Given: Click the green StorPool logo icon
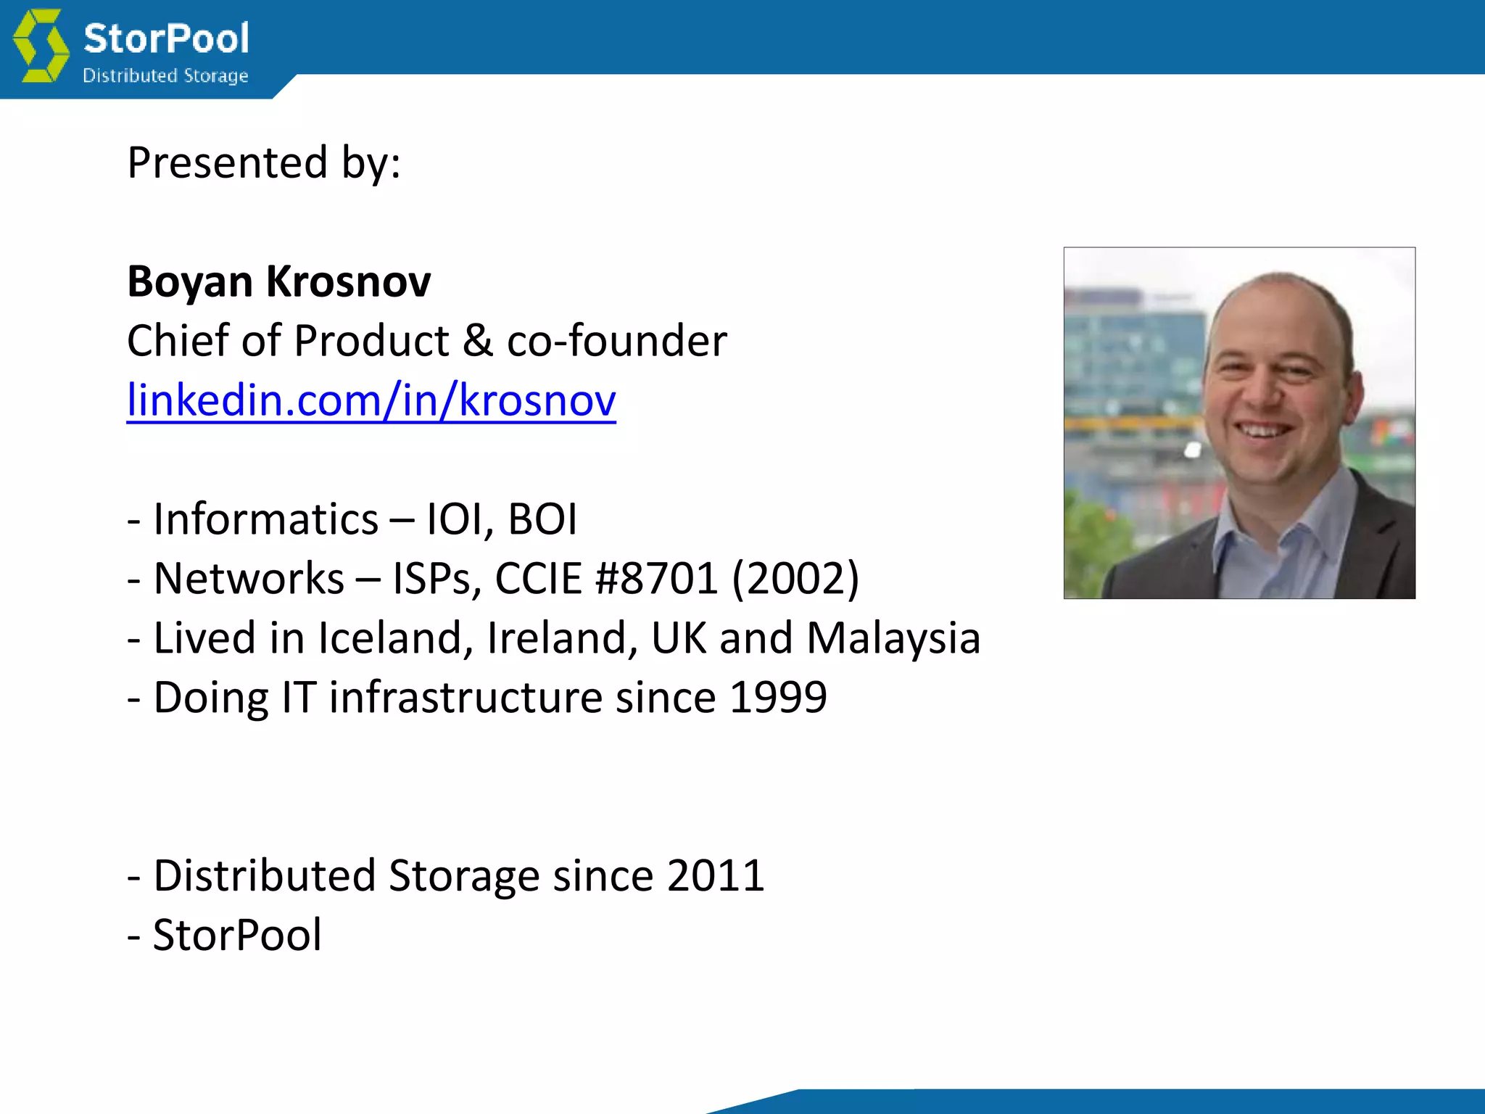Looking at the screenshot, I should tap(41, 45).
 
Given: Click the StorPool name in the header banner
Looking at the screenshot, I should tap(166, 38).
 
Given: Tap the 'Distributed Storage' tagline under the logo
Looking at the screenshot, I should tap(165, 75).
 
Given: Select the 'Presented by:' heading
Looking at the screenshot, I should tap(264, 162).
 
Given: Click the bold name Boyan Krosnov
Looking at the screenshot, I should tap(279, 281).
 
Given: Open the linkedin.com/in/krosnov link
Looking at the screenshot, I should tap(371, 400).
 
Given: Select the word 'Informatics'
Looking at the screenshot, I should tap(265, 519).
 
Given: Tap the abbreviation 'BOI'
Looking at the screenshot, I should tap(542, 519).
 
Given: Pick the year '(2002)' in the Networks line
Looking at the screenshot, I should tap(795, 579).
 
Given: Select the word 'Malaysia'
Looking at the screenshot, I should tap(893, 638).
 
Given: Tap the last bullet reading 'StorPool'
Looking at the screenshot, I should tap(237, 935).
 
